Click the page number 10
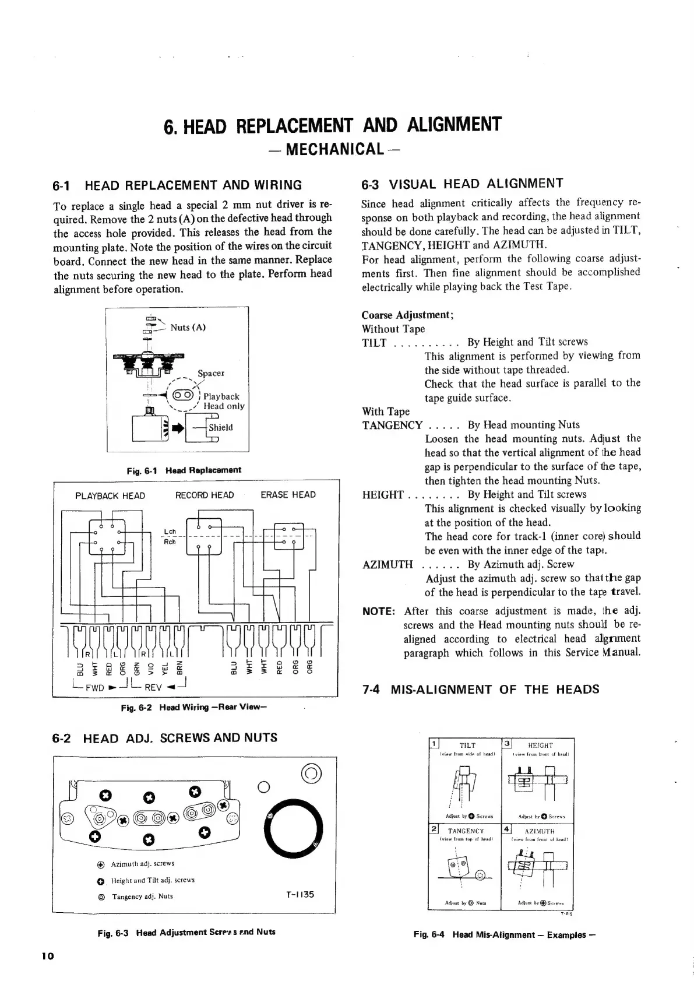click(x=48, y=955)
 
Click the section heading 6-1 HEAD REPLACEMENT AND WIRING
click(x=178, y=186)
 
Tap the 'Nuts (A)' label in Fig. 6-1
click(x=188, y=328)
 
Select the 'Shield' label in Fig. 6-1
click(x=220, y=427)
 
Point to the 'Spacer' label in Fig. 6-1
click(x=210, y=373)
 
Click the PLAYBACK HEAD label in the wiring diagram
click(x=110, y=496)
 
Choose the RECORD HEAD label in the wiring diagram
click(x=205, y=495)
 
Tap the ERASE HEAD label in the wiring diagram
click(x=288, y=495)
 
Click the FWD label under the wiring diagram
click(x=94, y=687)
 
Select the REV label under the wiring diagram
click(x=153, y=687)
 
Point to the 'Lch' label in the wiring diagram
click(x=170, y=532)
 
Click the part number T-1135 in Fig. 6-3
click(x=300, y=894)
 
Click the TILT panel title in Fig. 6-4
click(x=467, y=745)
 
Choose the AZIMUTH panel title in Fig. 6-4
click(x=540, y=831)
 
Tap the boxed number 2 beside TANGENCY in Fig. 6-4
click(x=434, y=829)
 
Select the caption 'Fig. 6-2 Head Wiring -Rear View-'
click(x=193, y=708)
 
